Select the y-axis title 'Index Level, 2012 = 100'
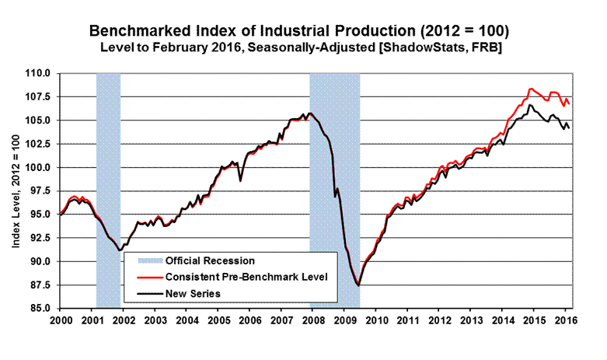15,190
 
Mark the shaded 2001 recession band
108,156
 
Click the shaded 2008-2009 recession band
334,156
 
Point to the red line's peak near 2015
531,89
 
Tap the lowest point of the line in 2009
358,285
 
